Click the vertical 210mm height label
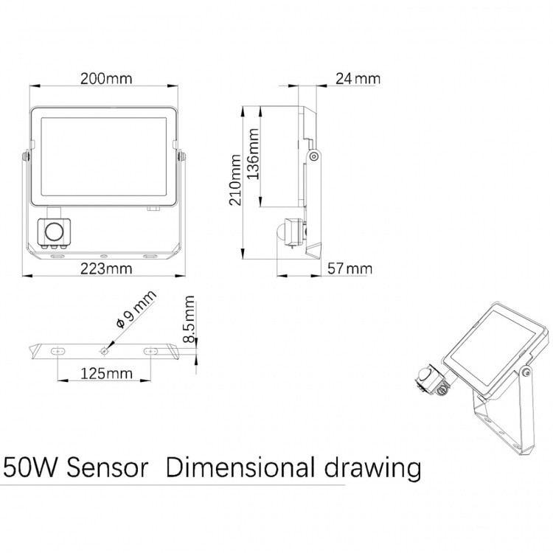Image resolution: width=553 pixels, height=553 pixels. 235,180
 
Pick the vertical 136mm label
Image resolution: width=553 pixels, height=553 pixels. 254,156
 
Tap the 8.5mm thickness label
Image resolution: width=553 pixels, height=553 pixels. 190,319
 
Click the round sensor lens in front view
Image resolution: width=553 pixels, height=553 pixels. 54,233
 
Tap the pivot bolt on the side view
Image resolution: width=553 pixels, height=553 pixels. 313,156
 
